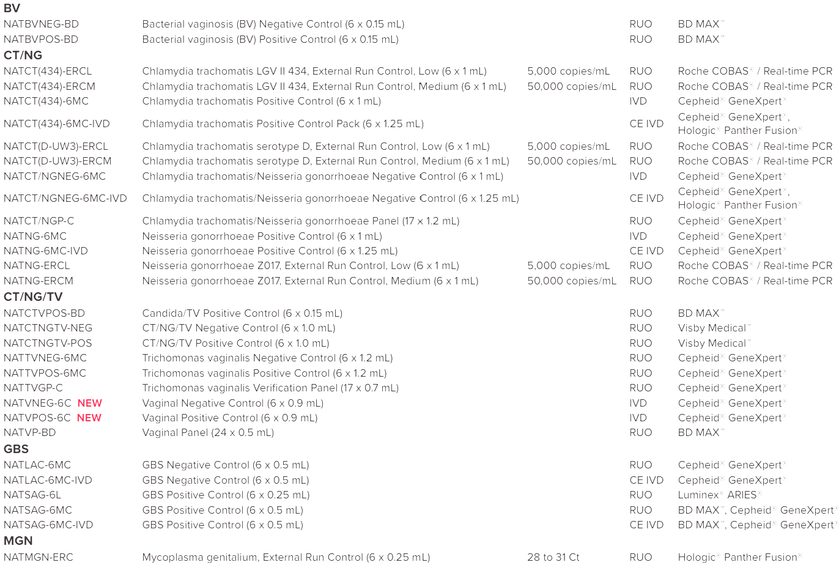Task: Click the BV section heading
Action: click(12, 9)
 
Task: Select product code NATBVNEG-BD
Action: click(41, 24)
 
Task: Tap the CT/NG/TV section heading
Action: click(33, 297)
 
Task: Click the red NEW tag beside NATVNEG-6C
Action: click(90, 404)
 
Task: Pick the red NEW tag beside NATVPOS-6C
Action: click(89, 418)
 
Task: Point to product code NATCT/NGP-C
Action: click(39, 221)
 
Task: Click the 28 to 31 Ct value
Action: click(553, 558)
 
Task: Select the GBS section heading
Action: click(16, 449)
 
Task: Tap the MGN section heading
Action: click(18, 541)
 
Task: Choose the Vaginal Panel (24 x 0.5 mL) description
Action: click(208, 433)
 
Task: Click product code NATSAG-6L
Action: click(32, 495)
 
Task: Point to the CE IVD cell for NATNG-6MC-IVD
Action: click(646, 251)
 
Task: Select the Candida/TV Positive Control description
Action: click(242, 314)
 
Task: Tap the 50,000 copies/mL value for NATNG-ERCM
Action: click(572, 281)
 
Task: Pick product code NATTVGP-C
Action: click(33, 388)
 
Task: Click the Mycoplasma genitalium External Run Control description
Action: click(286, 558)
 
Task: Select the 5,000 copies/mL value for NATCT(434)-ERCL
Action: click(569, 72)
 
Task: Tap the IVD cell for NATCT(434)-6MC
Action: click(638, 102)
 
